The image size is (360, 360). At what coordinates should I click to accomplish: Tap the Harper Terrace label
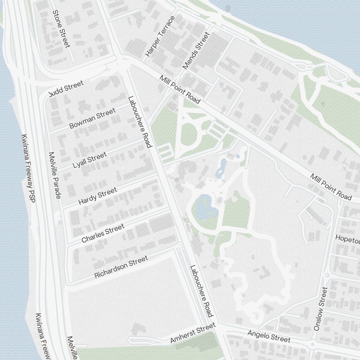(160, 36)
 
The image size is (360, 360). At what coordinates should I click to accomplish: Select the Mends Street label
(196, 50)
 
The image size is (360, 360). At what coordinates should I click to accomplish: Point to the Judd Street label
(66, 89)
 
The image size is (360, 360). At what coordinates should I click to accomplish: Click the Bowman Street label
(93, 118)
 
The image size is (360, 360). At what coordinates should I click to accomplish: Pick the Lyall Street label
(90, 160)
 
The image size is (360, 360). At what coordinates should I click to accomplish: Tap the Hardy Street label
(98, 197)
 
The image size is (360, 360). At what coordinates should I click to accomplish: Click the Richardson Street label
(121, 267)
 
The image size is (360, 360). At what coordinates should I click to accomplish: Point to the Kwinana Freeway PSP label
(28, 168)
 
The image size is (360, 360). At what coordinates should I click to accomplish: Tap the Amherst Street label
(193, 333)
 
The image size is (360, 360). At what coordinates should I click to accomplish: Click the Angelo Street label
(269, 336)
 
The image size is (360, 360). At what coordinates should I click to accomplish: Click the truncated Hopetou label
(347, 238)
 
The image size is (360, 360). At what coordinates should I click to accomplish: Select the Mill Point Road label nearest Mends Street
(180, 90)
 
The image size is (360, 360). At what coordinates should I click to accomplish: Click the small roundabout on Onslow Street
(327, 275)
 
